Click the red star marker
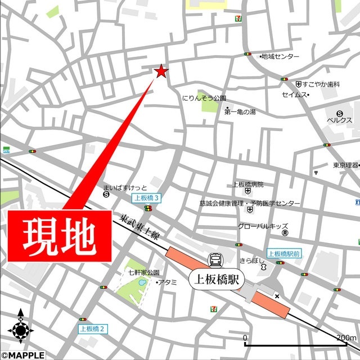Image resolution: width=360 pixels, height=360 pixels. pyautogui.click(x=161, y=71)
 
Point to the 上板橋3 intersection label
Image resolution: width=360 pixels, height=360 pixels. pyautogui.click(x=147, y=198)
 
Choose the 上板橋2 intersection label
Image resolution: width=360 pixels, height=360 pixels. pyautogui.click(x=92, y=328)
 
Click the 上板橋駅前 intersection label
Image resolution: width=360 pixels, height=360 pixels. pyautogui.click(x=283, y=254)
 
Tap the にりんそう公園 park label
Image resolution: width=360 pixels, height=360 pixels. pyautogui.click(x=204, y=98)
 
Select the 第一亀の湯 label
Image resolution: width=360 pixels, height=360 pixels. pyautogui.click(x=240, y=112)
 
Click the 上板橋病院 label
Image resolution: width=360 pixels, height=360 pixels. pyautogui.click(x=248, y=184)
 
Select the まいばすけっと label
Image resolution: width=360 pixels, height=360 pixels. pyautogui.click(x=125, y=187)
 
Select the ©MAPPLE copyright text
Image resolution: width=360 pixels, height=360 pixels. pyautogui.click(x=22, y=354)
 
